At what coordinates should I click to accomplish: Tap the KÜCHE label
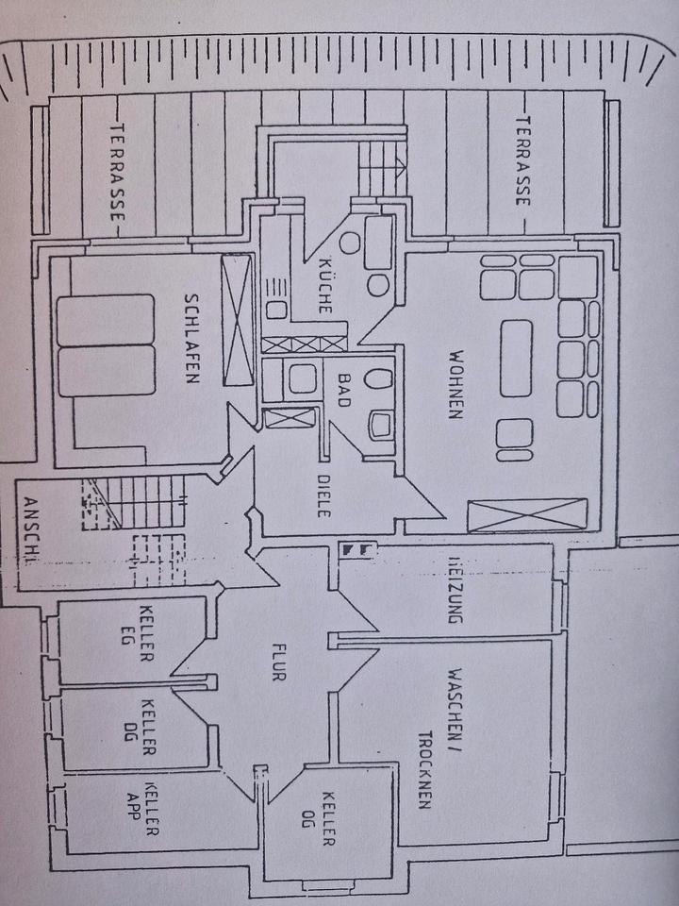(x=323, y=285)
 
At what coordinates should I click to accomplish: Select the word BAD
(x=342, y=389)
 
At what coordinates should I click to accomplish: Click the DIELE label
(x=323, y=491)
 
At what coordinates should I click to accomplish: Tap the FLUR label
(x=276, y=663)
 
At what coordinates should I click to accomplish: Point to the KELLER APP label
(x=149, y=809)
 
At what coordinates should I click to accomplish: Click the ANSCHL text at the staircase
(x=29, y=529)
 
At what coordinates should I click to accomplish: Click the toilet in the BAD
(x=381, y=381)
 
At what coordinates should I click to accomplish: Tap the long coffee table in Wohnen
(x=516, y=358)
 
